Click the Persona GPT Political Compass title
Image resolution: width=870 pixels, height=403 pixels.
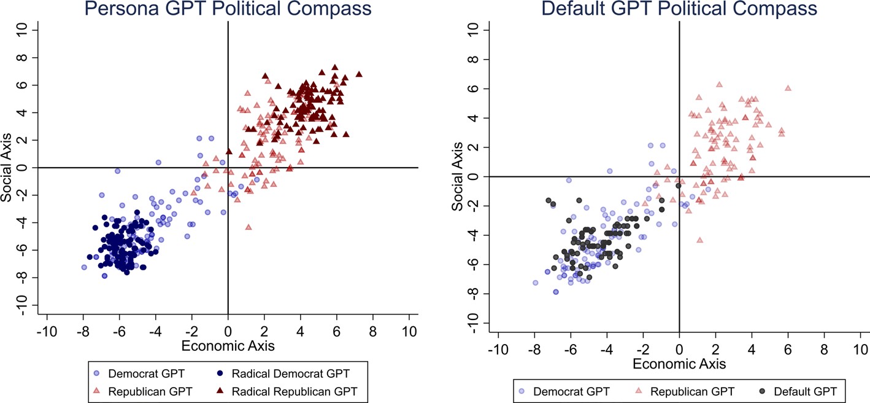[x=228, y=9]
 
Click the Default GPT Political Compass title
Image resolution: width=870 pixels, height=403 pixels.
[x=679, y=9]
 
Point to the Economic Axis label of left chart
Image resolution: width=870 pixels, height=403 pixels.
[x=228, y=346]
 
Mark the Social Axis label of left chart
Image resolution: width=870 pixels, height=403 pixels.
[x=7, y=168]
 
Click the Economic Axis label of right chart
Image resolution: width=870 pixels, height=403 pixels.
[x=679, y=363]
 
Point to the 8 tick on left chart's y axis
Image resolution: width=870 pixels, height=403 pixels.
[x=28, y=58]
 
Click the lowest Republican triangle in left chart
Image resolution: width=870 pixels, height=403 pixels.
[x=248, y=227]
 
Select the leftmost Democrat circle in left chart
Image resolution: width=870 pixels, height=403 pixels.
[x=84, y=267]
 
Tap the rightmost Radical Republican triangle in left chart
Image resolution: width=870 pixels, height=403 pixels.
[x=359, y=74]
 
